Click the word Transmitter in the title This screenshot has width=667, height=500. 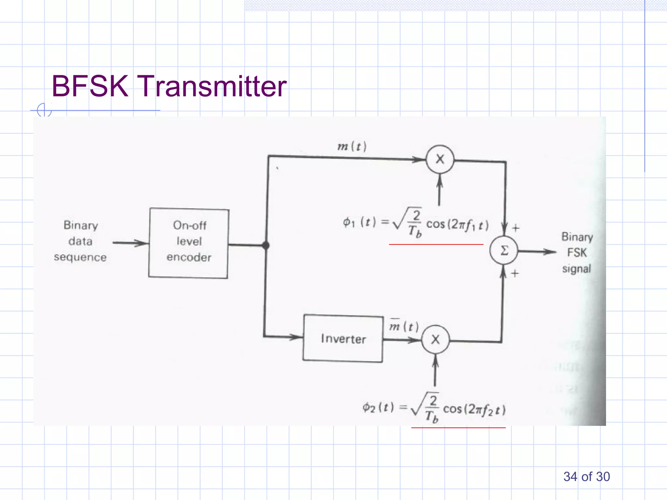213,86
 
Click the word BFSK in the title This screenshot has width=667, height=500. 90,86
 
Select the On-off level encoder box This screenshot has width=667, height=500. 189,243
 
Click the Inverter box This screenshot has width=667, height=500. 343,339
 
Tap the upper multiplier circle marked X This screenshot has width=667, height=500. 440,159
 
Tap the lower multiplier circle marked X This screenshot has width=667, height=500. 435,340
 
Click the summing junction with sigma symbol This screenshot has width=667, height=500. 504,250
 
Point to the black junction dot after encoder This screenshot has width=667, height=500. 266,245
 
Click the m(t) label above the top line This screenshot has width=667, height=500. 352,146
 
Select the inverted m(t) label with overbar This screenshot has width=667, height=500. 404,326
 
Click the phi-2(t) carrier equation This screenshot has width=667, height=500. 434,408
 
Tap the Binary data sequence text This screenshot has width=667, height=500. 80,241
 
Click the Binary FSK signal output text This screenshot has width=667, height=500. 577,253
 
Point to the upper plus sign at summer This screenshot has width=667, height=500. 516,228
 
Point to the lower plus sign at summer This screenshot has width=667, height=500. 515,273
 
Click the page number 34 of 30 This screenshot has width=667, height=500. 586,477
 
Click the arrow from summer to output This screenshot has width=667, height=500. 537,251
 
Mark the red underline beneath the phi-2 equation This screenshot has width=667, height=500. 458,427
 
